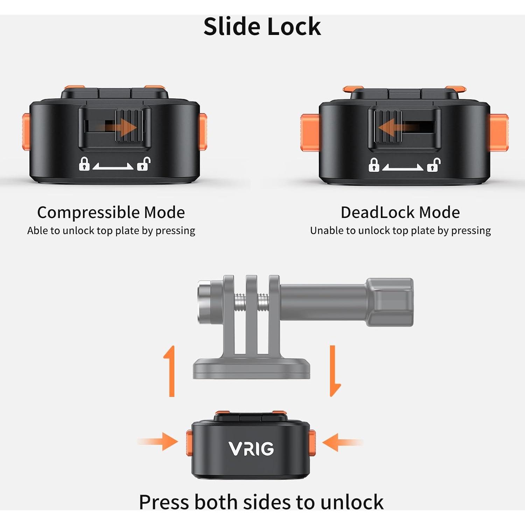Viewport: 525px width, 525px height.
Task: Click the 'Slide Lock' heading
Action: coord(262,27)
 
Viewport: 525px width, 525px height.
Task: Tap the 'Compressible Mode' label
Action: coord(111,212)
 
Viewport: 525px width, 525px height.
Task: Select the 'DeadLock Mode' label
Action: coord(400,212)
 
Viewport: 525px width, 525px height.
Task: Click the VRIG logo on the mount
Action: coord(251,449)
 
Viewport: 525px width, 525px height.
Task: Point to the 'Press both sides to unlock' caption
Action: coord(261,502)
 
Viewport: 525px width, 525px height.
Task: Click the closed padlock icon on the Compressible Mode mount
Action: coord(84,163)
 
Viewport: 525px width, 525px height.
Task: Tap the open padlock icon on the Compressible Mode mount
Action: coord(143,163)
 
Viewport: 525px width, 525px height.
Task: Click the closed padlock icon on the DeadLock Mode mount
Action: coord(374,164)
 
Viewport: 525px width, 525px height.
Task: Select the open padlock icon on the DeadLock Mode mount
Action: coord(433,164)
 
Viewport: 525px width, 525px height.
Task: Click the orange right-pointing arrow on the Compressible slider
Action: coord(121,127)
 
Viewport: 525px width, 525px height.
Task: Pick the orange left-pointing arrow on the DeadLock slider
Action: coord(395,126)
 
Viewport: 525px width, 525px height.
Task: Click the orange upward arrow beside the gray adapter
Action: coord(170,371)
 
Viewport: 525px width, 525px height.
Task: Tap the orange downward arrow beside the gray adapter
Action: coord(335,371)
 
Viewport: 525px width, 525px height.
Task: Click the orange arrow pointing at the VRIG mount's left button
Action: coord(158,442)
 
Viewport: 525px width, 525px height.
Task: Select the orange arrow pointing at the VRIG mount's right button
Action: coord(342,442)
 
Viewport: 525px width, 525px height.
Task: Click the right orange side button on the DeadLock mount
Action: coord(498,132)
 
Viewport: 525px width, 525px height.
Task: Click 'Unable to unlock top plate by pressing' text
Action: coord(400,231)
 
